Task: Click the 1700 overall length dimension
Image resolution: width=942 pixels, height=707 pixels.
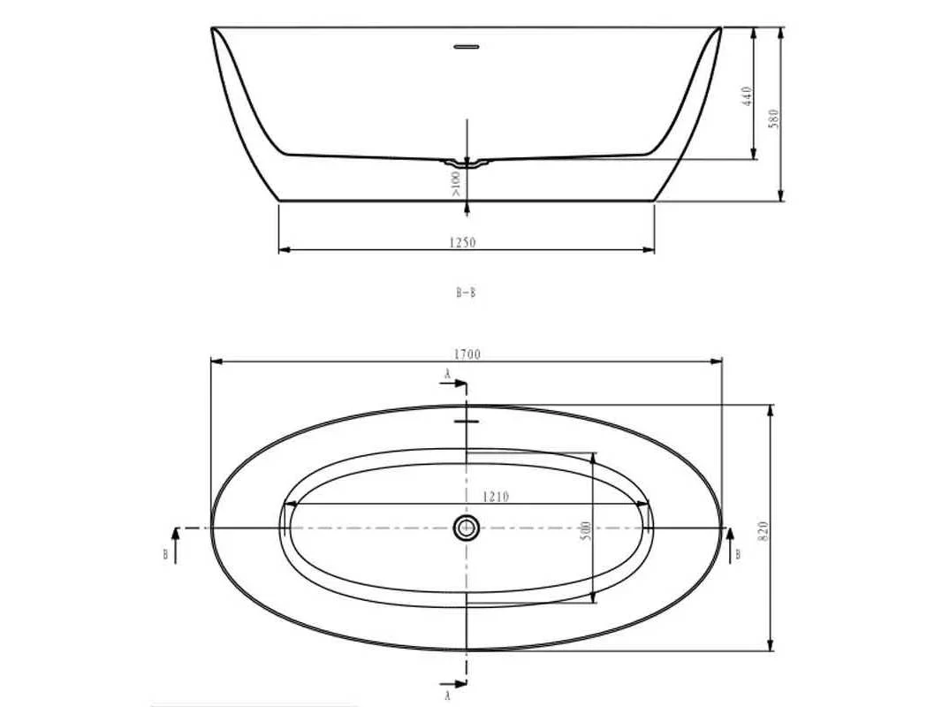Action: [x=467, y=354]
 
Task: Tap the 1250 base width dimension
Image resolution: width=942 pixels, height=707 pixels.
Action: [x=462, y=243]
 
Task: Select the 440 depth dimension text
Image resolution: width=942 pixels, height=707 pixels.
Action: [x=747, y=96]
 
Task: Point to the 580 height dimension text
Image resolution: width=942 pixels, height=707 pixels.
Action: [x=774, y=118]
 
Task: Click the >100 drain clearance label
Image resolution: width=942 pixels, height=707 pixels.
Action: [x=455, y=184]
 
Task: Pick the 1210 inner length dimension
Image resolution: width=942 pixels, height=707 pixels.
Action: [x=496, y=497]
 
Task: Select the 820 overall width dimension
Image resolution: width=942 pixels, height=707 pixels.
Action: [x=763, y=532]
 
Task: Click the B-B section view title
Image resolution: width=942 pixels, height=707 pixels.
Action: [x=466, y=293]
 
